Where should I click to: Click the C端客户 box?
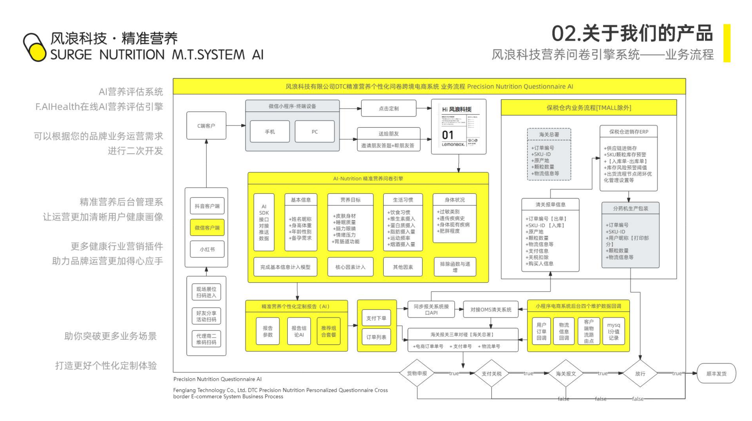[206, 126]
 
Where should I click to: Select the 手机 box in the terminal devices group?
[270, 132]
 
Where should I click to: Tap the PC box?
[315, 132]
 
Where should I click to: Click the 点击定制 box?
[389, 108]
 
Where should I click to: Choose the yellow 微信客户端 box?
[207, 228]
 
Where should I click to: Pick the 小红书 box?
[207, 249]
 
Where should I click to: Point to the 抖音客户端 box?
[207, 206]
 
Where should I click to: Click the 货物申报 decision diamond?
[417, 373]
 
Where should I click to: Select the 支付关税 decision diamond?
[491, 374]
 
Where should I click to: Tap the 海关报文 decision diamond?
[566, 374]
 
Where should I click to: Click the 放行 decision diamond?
[640, 374]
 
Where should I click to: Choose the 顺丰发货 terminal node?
[716, 374]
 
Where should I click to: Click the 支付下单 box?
[376, 318]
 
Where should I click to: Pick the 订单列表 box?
[376, 337]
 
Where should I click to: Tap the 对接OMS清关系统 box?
[491, 310]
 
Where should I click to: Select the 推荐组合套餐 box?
[329, 331]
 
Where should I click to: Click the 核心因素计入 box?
[350, 267]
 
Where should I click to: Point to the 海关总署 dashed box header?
[549, 134]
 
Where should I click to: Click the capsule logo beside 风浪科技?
[35, 47]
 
